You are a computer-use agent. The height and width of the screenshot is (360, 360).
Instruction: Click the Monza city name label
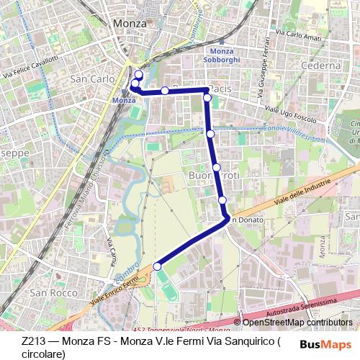click(131, 24)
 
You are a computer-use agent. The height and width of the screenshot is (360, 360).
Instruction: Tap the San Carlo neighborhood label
click(91, 77)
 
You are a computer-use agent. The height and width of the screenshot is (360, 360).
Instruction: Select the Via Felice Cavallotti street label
click(30, 66)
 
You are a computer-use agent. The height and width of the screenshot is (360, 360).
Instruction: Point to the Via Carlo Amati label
click(296, 32)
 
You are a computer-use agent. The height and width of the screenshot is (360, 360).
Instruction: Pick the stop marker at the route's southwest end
click(157, 267)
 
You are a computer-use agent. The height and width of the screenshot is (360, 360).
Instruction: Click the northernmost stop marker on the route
click(138, 75)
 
